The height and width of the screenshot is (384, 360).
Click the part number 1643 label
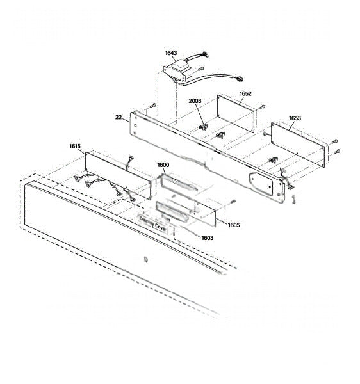click(x=171, y=53)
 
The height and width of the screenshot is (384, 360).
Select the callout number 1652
click(x=245, y=93)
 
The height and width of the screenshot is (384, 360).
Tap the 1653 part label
click(x=295, y=118)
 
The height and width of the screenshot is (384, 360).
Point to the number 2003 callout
click(x=195, y=101)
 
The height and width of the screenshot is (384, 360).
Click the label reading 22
click(x=119, y=117)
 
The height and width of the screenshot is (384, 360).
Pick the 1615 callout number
click(x=75, y=146)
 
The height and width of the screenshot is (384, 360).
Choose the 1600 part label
click(x=163, y=165)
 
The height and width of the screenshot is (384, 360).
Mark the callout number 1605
click(x=234, y=225)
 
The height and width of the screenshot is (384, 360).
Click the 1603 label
click(x=208, y=238)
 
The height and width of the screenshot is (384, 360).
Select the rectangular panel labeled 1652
click(x=236, y=114)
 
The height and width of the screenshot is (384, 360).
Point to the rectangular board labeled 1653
click(x=298, y=145)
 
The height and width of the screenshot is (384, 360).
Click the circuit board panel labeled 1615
click(x=118, y=175)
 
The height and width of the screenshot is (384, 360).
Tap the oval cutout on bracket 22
click(x=261, y=184)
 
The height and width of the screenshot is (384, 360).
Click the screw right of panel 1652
click(x=262, y=107)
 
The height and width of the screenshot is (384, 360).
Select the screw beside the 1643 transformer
click(x=201, y=68)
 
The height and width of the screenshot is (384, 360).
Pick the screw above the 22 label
click(x=153, y=106)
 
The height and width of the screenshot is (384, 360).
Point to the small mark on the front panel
click(x=145, y=259)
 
